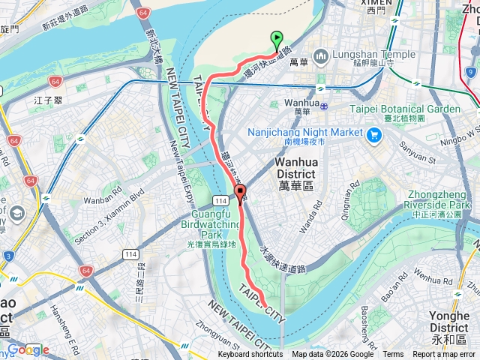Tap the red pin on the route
click(240, 194)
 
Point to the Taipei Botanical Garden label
click(404, 109)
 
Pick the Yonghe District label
click(449, 322)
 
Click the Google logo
click(28, 350)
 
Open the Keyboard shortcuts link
click(250, 355)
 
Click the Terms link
click(393, 355)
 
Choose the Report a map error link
click(443, 355)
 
